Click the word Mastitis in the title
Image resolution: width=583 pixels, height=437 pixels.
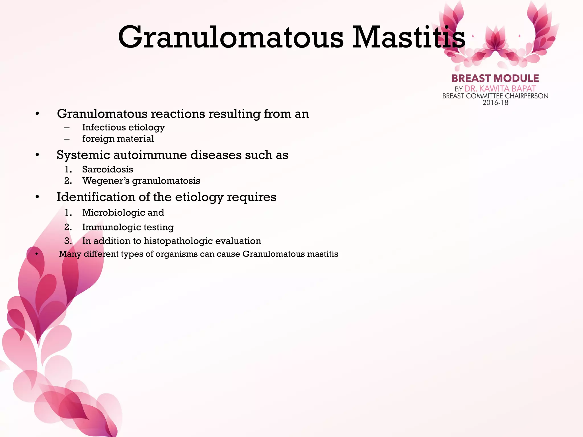coord(409,38)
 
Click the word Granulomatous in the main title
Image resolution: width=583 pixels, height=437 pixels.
coord(231,38)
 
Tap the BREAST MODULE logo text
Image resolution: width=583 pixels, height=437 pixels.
coord(495,79)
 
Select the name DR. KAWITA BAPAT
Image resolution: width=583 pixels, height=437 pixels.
coord(500,89)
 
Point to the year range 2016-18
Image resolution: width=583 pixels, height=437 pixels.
coord(495,103)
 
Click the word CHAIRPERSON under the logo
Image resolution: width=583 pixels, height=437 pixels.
coord(527,96)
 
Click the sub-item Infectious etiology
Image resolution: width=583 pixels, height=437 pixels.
coord(123,127)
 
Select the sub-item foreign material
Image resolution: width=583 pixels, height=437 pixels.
coord(118,139)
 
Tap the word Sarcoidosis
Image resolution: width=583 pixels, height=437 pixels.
coord(108,170)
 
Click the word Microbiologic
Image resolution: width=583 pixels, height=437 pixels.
coord(113,213)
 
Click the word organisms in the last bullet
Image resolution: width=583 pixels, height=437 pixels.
coord(176,254)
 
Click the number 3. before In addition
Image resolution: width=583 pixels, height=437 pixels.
coord(68,241)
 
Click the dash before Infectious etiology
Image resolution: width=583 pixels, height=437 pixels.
coord(67,128)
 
